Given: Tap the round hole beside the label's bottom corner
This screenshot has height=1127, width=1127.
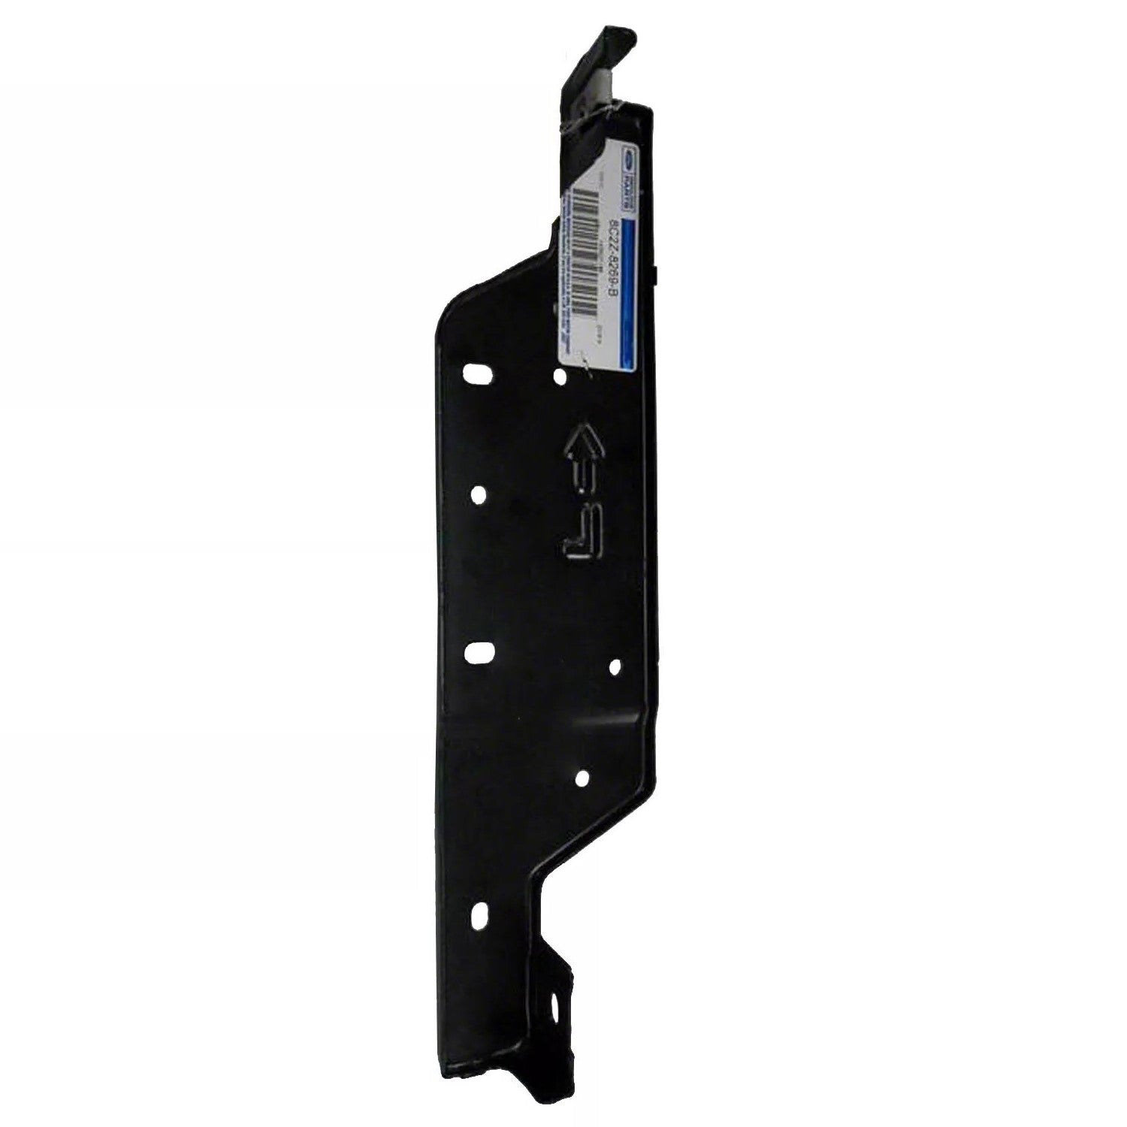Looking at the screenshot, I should [559, 376].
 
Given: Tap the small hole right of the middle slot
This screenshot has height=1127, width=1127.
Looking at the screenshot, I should [614, 666].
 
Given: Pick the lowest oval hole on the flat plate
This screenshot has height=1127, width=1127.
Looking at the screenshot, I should [479, 915].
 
